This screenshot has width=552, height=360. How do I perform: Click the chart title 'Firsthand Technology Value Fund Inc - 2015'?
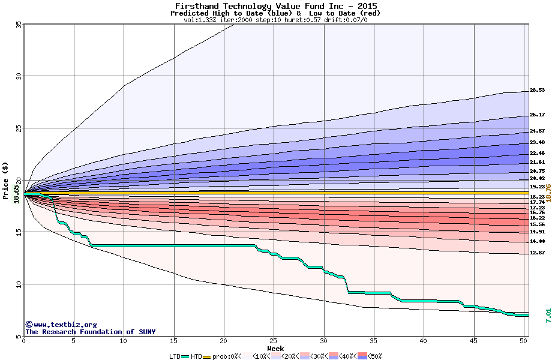point(275,6)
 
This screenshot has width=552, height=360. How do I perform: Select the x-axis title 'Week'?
point(275,348)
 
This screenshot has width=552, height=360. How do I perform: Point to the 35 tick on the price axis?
point(19,25)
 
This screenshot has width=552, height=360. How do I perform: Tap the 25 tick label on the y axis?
point(19,128)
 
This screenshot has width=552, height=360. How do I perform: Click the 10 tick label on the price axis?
point(19,284)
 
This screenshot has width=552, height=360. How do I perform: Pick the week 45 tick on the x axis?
point(474,341)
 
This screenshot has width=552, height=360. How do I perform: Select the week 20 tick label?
point(224,341)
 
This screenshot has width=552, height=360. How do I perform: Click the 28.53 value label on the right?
point(537,91)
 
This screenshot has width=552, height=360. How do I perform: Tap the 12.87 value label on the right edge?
point(537,253)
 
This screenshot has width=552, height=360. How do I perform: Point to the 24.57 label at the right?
point(537,131)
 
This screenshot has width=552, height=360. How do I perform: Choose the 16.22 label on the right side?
point(537,218)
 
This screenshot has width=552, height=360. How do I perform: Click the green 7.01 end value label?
point(548,316)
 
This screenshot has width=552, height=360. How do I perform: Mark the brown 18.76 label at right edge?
point(548,193)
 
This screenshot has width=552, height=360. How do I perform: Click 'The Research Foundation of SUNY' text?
point(90,332)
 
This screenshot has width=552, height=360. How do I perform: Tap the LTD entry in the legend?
point(174,356)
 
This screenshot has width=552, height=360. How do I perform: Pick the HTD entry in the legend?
point(196,356)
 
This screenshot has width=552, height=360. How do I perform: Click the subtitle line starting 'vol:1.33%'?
point(275,20)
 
